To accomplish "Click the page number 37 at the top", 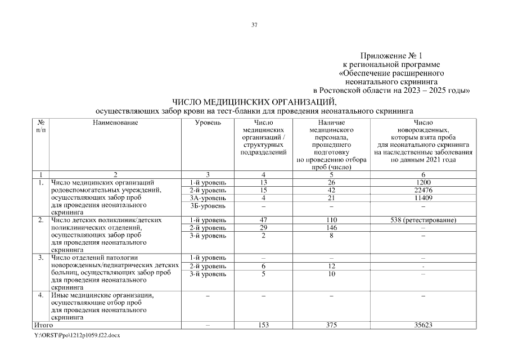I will click(x=254, y=25).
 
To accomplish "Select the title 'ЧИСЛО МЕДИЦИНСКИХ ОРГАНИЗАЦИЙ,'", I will click(x=254, y=102).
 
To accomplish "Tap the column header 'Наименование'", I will click(x=115, y=123).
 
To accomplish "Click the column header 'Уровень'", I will click(x=208, y=123).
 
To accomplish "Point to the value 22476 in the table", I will click(x=423, y=190).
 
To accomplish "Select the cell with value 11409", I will click(x=423, y=198).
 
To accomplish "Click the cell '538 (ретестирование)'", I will click(x=423, y=220).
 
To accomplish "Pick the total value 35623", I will click(x=423, y=325).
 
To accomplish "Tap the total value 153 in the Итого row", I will click(x=264, y=325).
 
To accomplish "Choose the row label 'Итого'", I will click(x=44, y=325).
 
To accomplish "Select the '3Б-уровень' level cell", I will click(x=208, y=206).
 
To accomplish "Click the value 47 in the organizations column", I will click(x=264, y=220).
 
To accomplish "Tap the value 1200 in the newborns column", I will click(x=423, y=182).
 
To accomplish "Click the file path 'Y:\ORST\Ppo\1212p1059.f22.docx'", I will click(x=78, y=335).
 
